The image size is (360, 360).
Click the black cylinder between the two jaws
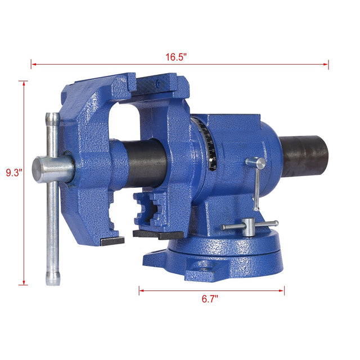click(x=147, y=160)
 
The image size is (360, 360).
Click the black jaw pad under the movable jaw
click(x=112, y=240)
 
